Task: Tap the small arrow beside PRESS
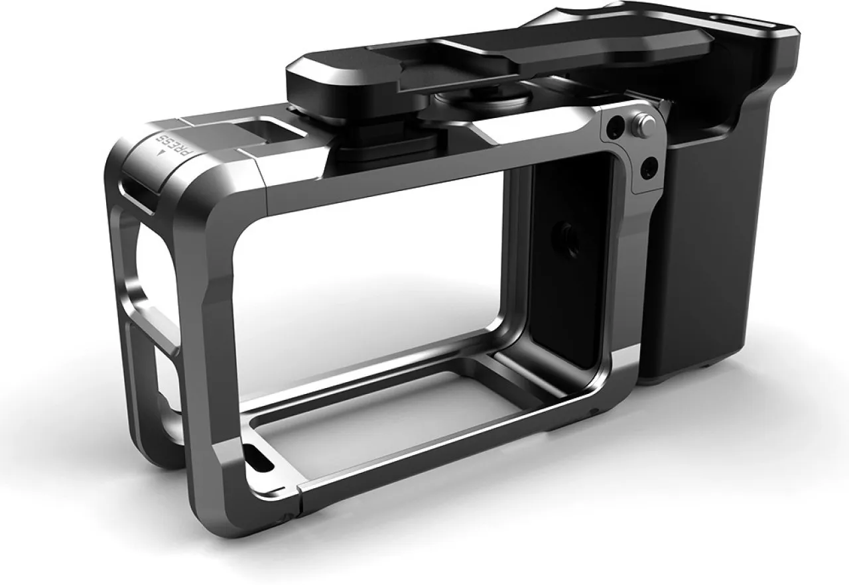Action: click(162, 153)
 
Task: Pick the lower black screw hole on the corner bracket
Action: click(649, 170)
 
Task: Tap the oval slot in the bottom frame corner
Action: click(259, 458)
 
